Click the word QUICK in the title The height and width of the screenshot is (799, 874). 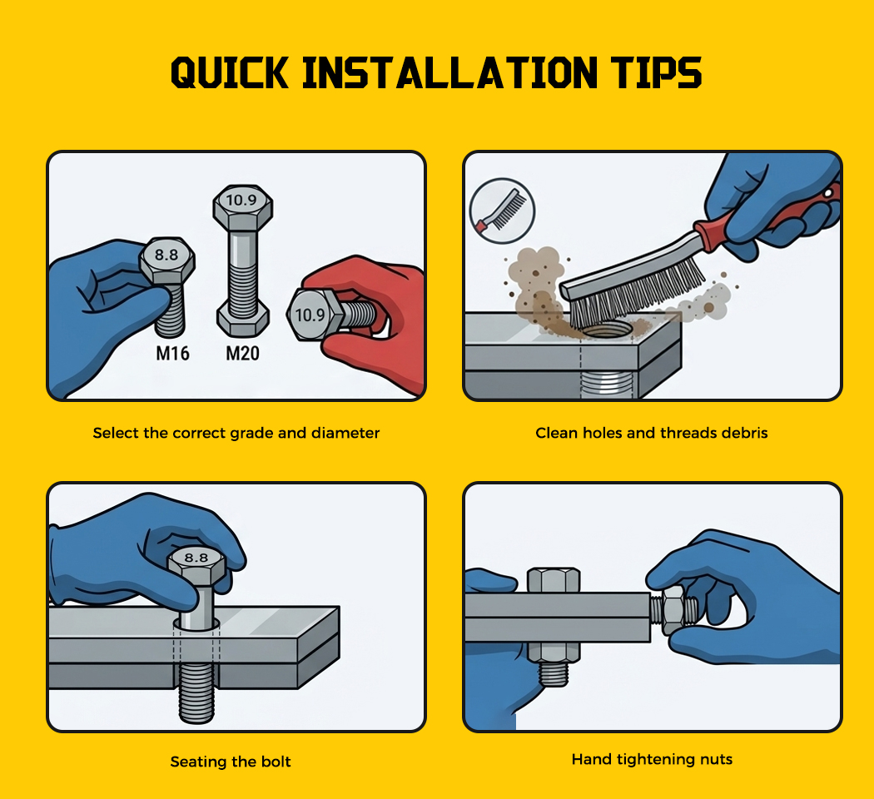[x=230, y=73]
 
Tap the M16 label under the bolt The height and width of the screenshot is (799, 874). [x=172, y=353]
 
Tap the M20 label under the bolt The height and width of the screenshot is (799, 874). [x=242, y=353]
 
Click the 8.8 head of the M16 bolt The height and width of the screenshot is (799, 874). [x=166, y=259]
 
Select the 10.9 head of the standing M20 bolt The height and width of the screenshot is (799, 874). [x=242, y=206]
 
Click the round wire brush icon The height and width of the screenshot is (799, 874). [x=502, y=211]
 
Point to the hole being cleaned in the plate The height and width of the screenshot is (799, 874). [x=607, y=331]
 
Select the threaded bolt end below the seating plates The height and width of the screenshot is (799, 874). [x=196, y=693]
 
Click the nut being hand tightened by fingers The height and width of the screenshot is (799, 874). [x=673, y=609]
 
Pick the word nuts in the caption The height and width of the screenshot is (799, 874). [x=716, y=759]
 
